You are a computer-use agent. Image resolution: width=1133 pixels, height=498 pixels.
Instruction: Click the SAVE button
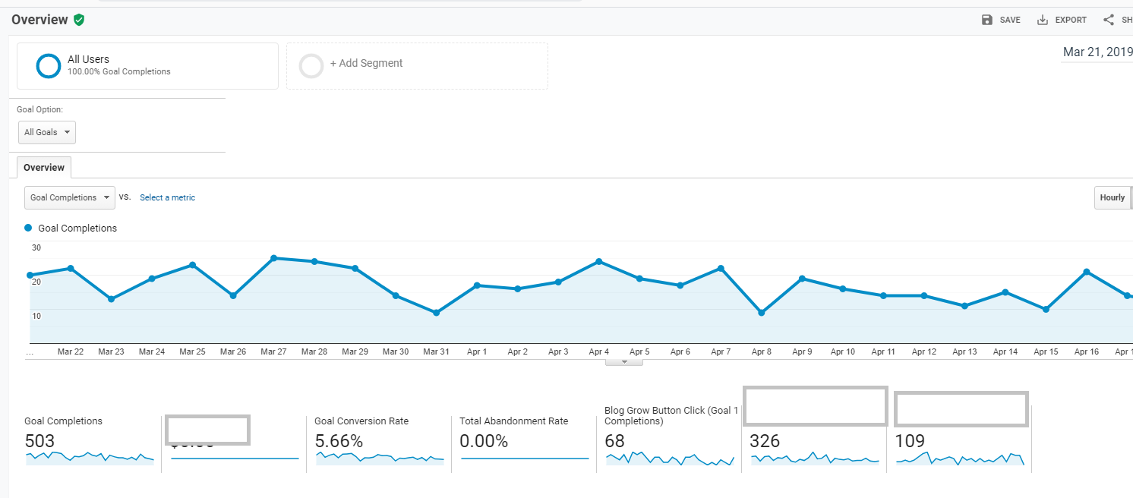pos(1001,20)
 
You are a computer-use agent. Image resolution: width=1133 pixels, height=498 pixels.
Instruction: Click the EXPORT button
pos(1062,20)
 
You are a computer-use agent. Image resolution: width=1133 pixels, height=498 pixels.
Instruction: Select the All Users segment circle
pos(49,66)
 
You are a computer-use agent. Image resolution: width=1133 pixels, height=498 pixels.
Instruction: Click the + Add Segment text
pos(366,64)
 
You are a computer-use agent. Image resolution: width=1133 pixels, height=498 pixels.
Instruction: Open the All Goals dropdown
pos(47,132)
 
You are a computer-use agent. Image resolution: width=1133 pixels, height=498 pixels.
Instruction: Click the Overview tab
pos(44,168)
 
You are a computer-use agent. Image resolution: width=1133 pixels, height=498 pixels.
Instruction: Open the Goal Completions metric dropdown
pos(70,197)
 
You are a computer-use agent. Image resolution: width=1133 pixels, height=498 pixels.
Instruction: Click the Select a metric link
pos(167,197)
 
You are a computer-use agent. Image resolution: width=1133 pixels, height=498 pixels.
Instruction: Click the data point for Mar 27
pos(273,258)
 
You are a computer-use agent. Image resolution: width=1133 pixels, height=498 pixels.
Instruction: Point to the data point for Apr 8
pos(762,313)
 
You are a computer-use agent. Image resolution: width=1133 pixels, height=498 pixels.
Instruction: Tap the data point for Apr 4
pos(599,261)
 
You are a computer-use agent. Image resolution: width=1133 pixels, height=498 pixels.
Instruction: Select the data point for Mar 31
pos(436,313)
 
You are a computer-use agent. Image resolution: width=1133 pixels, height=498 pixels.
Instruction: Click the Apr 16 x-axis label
pos(1087,352)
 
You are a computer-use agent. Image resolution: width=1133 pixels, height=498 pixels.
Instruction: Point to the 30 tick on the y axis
pos(36,247)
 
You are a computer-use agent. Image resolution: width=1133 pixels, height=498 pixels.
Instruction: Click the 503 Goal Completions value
pos(39,441)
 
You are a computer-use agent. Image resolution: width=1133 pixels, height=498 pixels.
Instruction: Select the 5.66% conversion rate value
pos(339,441)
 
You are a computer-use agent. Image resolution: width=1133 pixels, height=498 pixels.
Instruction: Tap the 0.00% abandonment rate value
pos(484,441)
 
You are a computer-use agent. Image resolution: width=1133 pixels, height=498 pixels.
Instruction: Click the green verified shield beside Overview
pos(79,20)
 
